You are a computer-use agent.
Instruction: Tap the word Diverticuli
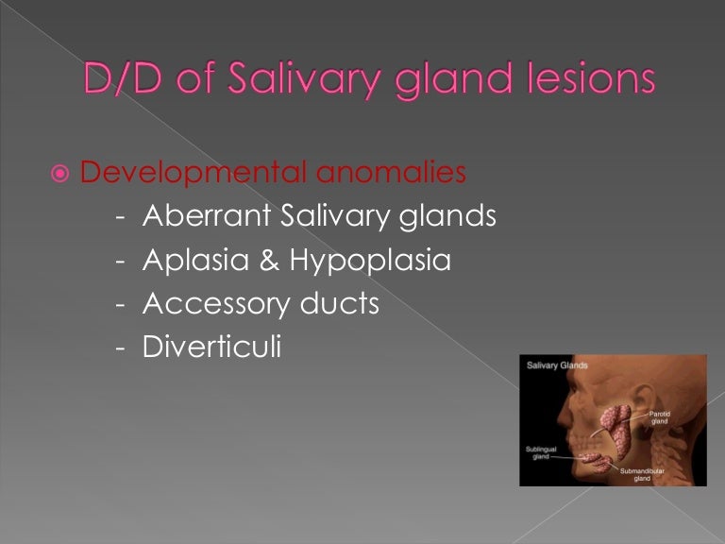click(x=211, y=347)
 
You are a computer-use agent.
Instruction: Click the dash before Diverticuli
click(x=120, y=348)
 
